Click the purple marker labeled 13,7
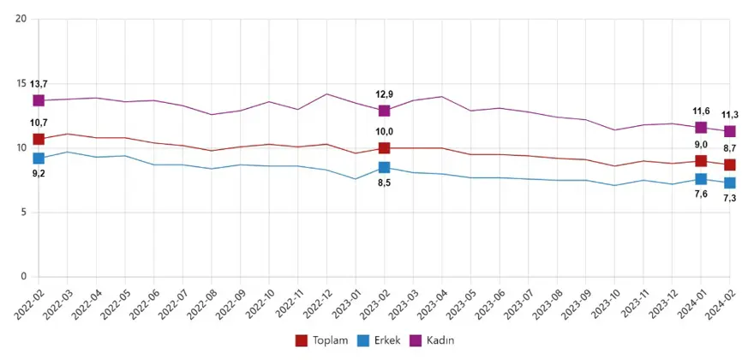(39, 100)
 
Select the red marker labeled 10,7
(39, 139)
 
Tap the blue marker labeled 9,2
(39, 159)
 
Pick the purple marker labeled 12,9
(385, 111)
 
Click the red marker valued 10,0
(385, 148)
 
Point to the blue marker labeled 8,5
(385, 167)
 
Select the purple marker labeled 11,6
(701, 128)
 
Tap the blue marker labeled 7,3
(730, 183)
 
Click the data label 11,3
(730, 114)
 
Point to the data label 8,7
(730, 148)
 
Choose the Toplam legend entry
(322, 340)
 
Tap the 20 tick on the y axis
(22, 19)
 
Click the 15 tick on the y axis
(22, 83)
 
